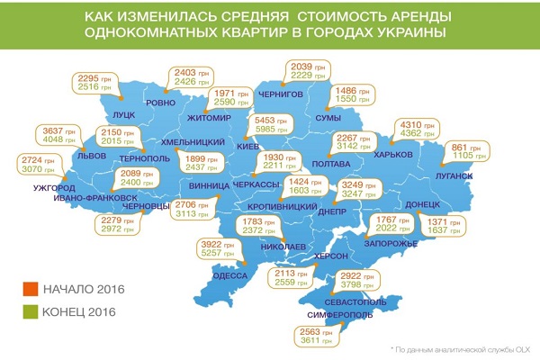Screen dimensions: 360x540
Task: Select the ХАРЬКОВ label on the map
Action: (392, 155)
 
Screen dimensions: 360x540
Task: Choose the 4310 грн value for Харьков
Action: (412, 123)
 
